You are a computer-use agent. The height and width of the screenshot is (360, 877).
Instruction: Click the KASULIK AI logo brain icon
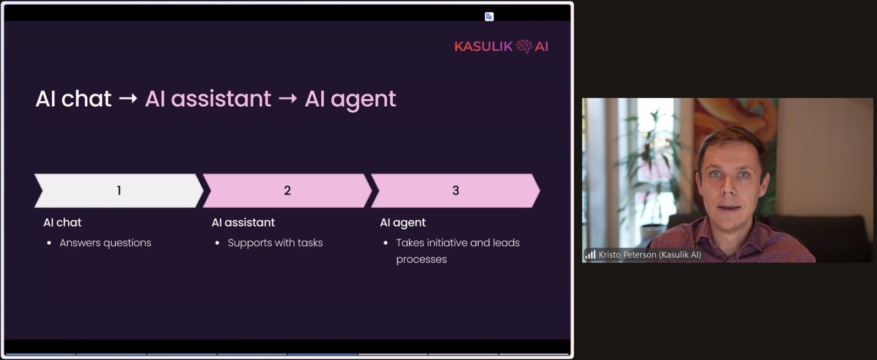pos(524,46)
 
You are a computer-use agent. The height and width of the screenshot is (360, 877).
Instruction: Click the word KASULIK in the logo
pos(484,46)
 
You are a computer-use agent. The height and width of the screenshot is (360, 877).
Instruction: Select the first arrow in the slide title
pos(128,99)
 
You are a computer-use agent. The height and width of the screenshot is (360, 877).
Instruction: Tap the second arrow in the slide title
pos(288,99)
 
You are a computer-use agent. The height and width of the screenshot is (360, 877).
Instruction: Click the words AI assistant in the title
pos(208,99)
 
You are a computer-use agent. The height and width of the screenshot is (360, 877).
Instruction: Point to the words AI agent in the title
pos(350,99)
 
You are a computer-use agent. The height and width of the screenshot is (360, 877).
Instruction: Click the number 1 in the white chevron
pos(119,190)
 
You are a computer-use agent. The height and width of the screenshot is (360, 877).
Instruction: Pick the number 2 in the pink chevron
pos(287,190)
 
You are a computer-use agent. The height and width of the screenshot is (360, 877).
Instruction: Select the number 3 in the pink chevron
pos(456,190)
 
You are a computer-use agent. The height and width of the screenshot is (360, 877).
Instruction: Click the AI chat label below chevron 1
pos(62,222)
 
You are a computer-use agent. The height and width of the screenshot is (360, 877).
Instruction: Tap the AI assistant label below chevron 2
pos(243,222)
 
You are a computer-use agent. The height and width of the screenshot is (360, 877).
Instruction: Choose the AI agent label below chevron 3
pos(403,223)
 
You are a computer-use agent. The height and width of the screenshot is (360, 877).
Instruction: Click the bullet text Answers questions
pos(105,243)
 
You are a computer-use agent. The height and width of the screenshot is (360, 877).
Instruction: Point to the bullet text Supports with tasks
pos(275,243)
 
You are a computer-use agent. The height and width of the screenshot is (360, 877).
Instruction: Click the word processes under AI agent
pos(421,260)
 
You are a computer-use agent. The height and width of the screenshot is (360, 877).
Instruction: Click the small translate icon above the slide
pos(489,17)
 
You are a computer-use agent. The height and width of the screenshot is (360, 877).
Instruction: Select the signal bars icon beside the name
pos(590,255)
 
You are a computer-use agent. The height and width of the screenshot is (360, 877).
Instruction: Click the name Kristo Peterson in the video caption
pos(628,255)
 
